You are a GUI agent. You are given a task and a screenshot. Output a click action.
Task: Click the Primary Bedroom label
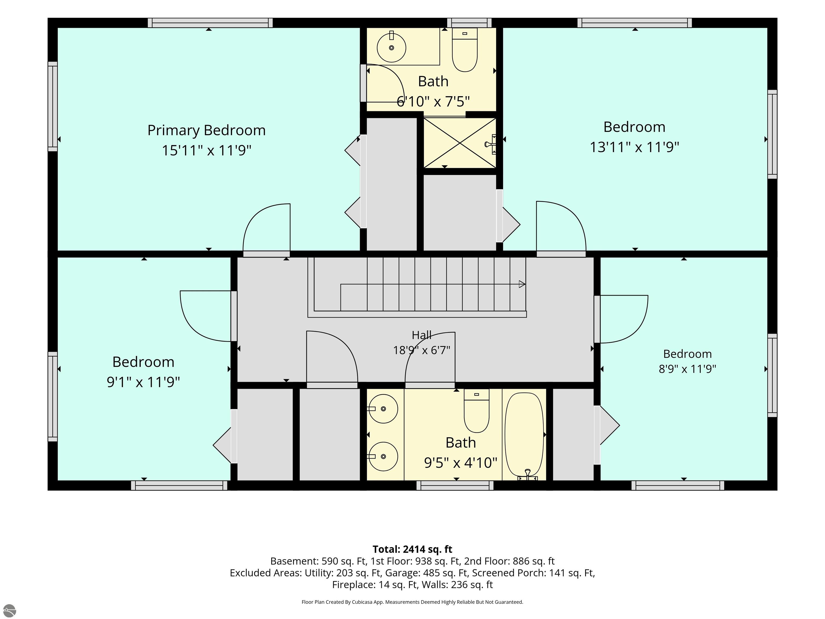(x=206, y=130)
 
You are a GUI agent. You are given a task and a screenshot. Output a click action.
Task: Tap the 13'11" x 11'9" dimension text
(x=634, y=147)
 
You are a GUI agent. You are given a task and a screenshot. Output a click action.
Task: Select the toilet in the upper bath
(x=465, y=50)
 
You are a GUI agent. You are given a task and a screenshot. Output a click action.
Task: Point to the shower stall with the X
(x=460, y=143)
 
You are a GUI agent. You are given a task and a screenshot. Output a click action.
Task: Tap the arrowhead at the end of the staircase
(x=522, y=284)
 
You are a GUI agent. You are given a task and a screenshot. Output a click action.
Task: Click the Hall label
(x=422, y=335)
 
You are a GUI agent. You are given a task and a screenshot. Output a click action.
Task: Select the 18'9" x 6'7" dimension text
(x=422, y=350)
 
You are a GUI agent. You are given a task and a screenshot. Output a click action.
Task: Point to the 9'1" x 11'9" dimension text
(x=143, y=382)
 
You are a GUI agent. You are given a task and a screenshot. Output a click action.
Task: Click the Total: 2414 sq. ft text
(x=412, y=549)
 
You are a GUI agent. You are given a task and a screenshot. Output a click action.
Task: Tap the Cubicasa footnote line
(x=412, y=602)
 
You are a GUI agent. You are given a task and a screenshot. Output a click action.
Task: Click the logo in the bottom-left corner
(x=9, y=610)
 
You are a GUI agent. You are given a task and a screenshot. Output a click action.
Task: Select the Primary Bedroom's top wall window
(x=210, y=23)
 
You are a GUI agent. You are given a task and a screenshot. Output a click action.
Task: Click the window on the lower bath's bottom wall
(x=455, y=485)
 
